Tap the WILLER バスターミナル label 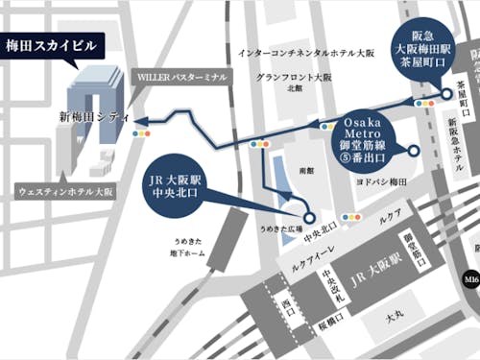click(x=183, y=74)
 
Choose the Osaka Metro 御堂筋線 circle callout click(x=375, y=135)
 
